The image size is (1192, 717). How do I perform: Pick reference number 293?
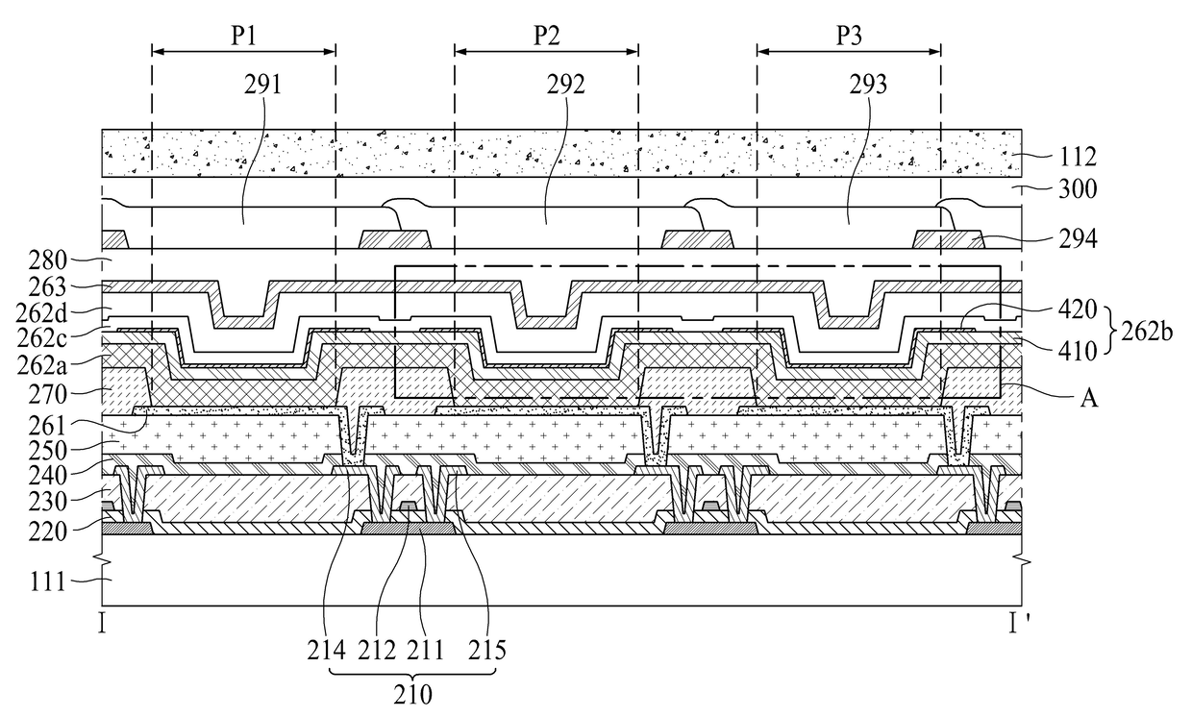pos(868,85)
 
